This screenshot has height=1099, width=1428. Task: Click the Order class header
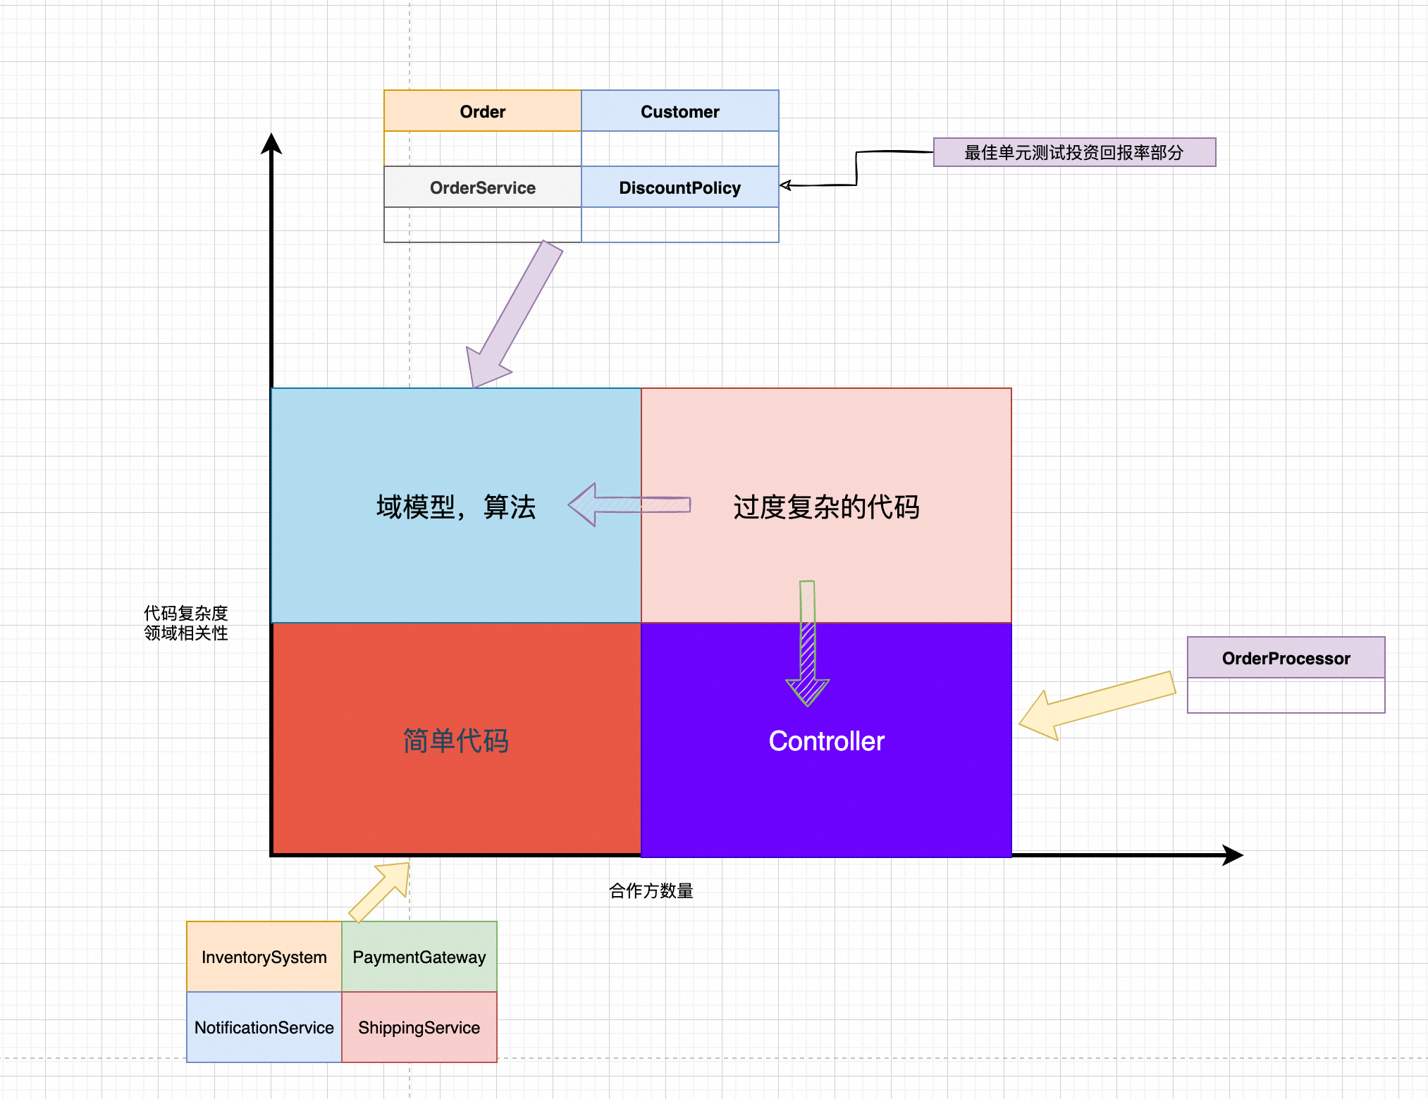[x=483, y=111]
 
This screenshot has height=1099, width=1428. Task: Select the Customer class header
[x=680, y=111]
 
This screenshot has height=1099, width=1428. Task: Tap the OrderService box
[x=483, y=187]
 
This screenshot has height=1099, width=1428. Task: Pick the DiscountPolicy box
[x=680, y=187]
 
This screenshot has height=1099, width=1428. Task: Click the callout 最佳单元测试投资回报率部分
[x=1074, y=152]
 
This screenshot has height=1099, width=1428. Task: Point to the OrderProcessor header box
[x=1286, y=658]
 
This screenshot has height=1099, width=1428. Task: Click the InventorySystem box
[x=264, y=957]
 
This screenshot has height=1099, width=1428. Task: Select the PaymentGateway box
[x=419, y=957]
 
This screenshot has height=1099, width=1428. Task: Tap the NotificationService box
[x=264, y=1027]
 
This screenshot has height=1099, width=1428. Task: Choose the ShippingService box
[x=419, y=1027]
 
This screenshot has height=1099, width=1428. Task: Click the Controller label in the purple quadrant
[x=826, y=741]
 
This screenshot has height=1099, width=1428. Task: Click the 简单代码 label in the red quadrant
[x=456, y=741]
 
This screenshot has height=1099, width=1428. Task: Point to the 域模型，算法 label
[x=456, y=507]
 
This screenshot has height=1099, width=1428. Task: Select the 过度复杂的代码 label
[x=826, y=507]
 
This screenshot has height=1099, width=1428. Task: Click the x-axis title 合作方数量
[x=651, y=891]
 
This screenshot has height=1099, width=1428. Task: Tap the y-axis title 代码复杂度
[x=186, y=613]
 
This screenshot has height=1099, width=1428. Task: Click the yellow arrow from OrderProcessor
[x=1100, y=704]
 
